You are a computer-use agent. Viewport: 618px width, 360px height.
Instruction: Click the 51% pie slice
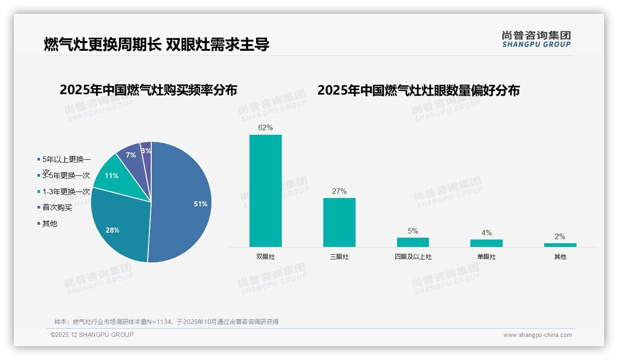[184, 203]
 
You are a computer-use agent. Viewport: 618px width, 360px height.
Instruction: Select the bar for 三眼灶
[339, 222]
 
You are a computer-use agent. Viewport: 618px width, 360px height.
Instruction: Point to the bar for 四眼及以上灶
[413, 242]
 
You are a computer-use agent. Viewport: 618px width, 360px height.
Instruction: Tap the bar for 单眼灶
[487, 243]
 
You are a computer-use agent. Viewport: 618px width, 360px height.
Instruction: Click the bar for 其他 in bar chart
[560, 245]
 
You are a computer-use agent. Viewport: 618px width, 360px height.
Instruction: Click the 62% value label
[266, 128]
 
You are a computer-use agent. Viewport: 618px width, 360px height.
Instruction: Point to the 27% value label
[339, 191]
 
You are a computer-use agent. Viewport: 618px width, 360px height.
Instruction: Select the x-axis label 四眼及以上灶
[413, 257]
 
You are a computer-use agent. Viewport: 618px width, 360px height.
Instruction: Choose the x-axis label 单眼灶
[487, 257]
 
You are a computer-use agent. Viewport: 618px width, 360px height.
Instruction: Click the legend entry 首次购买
[57, 208]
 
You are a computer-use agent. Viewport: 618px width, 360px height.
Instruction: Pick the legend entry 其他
[49, 223]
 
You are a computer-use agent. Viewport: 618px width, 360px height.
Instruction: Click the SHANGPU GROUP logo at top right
[536, 39]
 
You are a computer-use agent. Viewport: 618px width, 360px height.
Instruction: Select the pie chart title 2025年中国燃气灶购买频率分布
[148, 90]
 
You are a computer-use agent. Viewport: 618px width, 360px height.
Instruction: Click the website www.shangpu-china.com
[537, 335]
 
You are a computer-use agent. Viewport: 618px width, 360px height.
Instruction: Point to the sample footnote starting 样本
[166, 322]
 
